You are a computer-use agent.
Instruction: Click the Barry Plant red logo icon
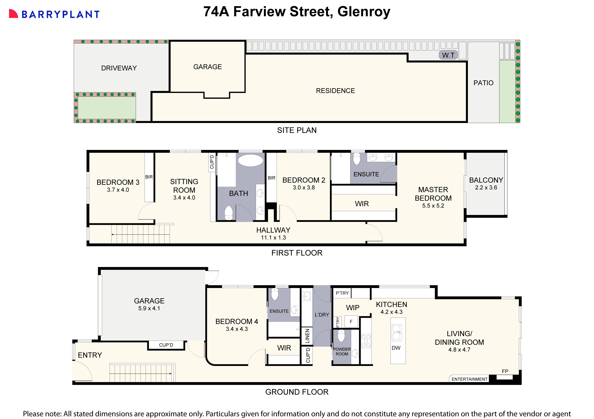(13, 14)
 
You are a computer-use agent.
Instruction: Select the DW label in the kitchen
(396, 348)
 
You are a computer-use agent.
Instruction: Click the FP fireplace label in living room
(505, 371)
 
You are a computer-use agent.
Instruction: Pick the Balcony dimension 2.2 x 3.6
(486, 188)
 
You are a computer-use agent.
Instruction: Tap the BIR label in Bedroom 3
(149, 177)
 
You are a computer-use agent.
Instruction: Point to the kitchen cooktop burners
(366, 341)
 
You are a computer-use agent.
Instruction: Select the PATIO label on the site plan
(483, 83)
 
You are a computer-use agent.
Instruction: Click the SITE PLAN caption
(297, 130)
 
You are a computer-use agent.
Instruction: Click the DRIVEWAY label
(119, 68)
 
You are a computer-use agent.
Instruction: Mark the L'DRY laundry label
(322, 315)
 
